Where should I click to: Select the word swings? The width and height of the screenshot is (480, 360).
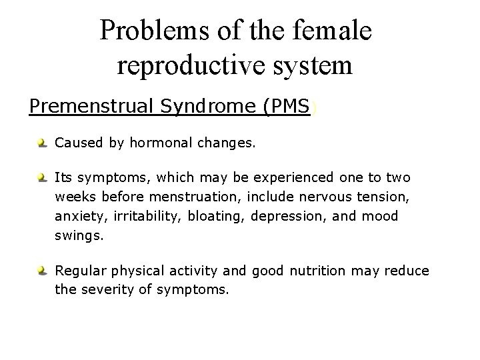[x=77, y=234]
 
